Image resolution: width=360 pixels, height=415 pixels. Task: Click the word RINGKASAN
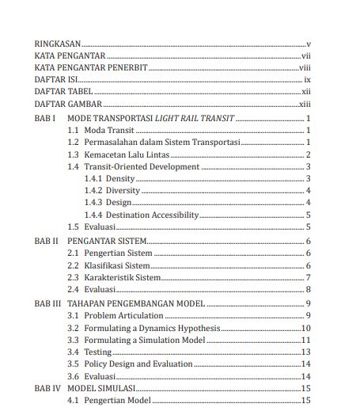pyautogui.click(x=58, y=44)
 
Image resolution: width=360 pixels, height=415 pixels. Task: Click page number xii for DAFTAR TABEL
pyautogui.click(x=306, y=93)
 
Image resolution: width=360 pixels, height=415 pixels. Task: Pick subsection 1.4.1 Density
pyautogui.click(x=110, y=179)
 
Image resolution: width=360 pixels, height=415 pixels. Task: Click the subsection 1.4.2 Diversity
pyautogui.click(x=112, y=191)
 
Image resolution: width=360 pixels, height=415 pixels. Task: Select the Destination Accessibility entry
pyautogui.click(x=151, y=215)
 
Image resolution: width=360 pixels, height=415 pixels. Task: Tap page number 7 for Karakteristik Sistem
pyautogui.click(x=308, y=277)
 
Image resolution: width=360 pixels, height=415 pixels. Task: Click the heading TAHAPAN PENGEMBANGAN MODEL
pyautogui.click(x=136, y=303)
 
